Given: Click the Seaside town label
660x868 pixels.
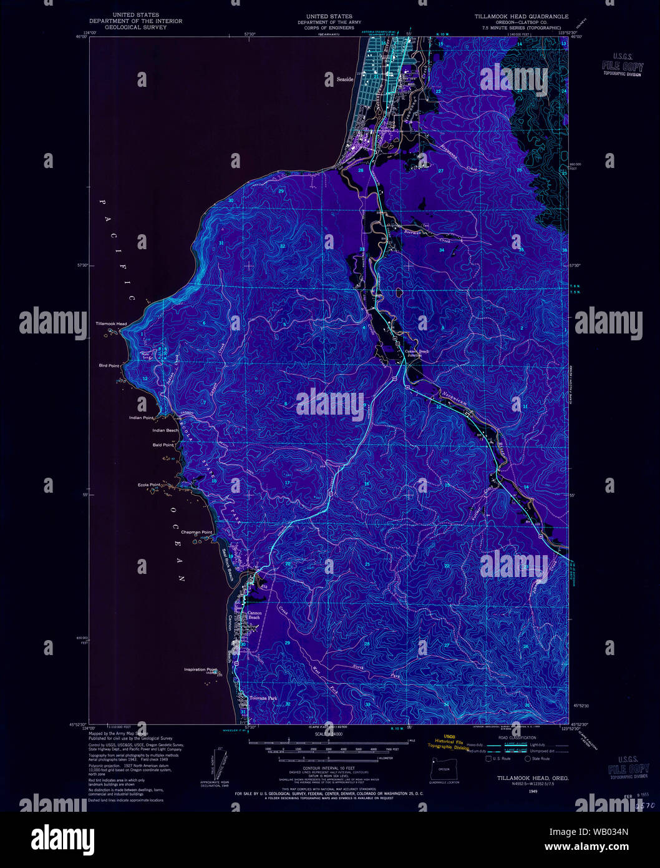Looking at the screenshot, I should [x=345, y=80].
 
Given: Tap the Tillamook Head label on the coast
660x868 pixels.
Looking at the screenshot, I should [x=111, y=324].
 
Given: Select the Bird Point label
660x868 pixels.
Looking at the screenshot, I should [x=109, y=365].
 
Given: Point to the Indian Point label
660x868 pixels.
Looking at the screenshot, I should [x=141, y=418].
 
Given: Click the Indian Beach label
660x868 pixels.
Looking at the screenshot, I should [x=165, y=431].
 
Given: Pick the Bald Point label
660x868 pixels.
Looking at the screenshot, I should [x=163, y=445].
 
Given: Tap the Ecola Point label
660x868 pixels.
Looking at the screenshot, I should [x=149, y=485].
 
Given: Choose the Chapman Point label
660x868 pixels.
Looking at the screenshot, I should [x=197, y=533].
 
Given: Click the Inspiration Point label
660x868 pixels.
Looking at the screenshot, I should [x=200, y=669].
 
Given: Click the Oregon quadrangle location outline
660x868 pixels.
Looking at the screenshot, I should [x=444, y=768].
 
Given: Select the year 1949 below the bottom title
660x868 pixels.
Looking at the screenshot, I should [x=532, y=791].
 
